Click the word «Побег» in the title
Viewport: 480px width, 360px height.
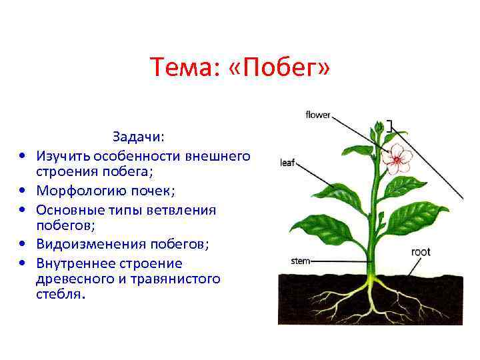284,67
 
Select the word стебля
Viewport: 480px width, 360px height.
57,294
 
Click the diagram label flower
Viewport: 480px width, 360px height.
318,115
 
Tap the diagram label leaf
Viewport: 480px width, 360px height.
287,162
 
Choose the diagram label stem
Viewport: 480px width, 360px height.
301,261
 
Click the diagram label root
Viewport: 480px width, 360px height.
421,252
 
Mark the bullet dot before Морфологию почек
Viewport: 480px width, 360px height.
23,192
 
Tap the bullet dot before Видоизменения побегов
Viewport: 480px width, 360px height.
23,246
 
